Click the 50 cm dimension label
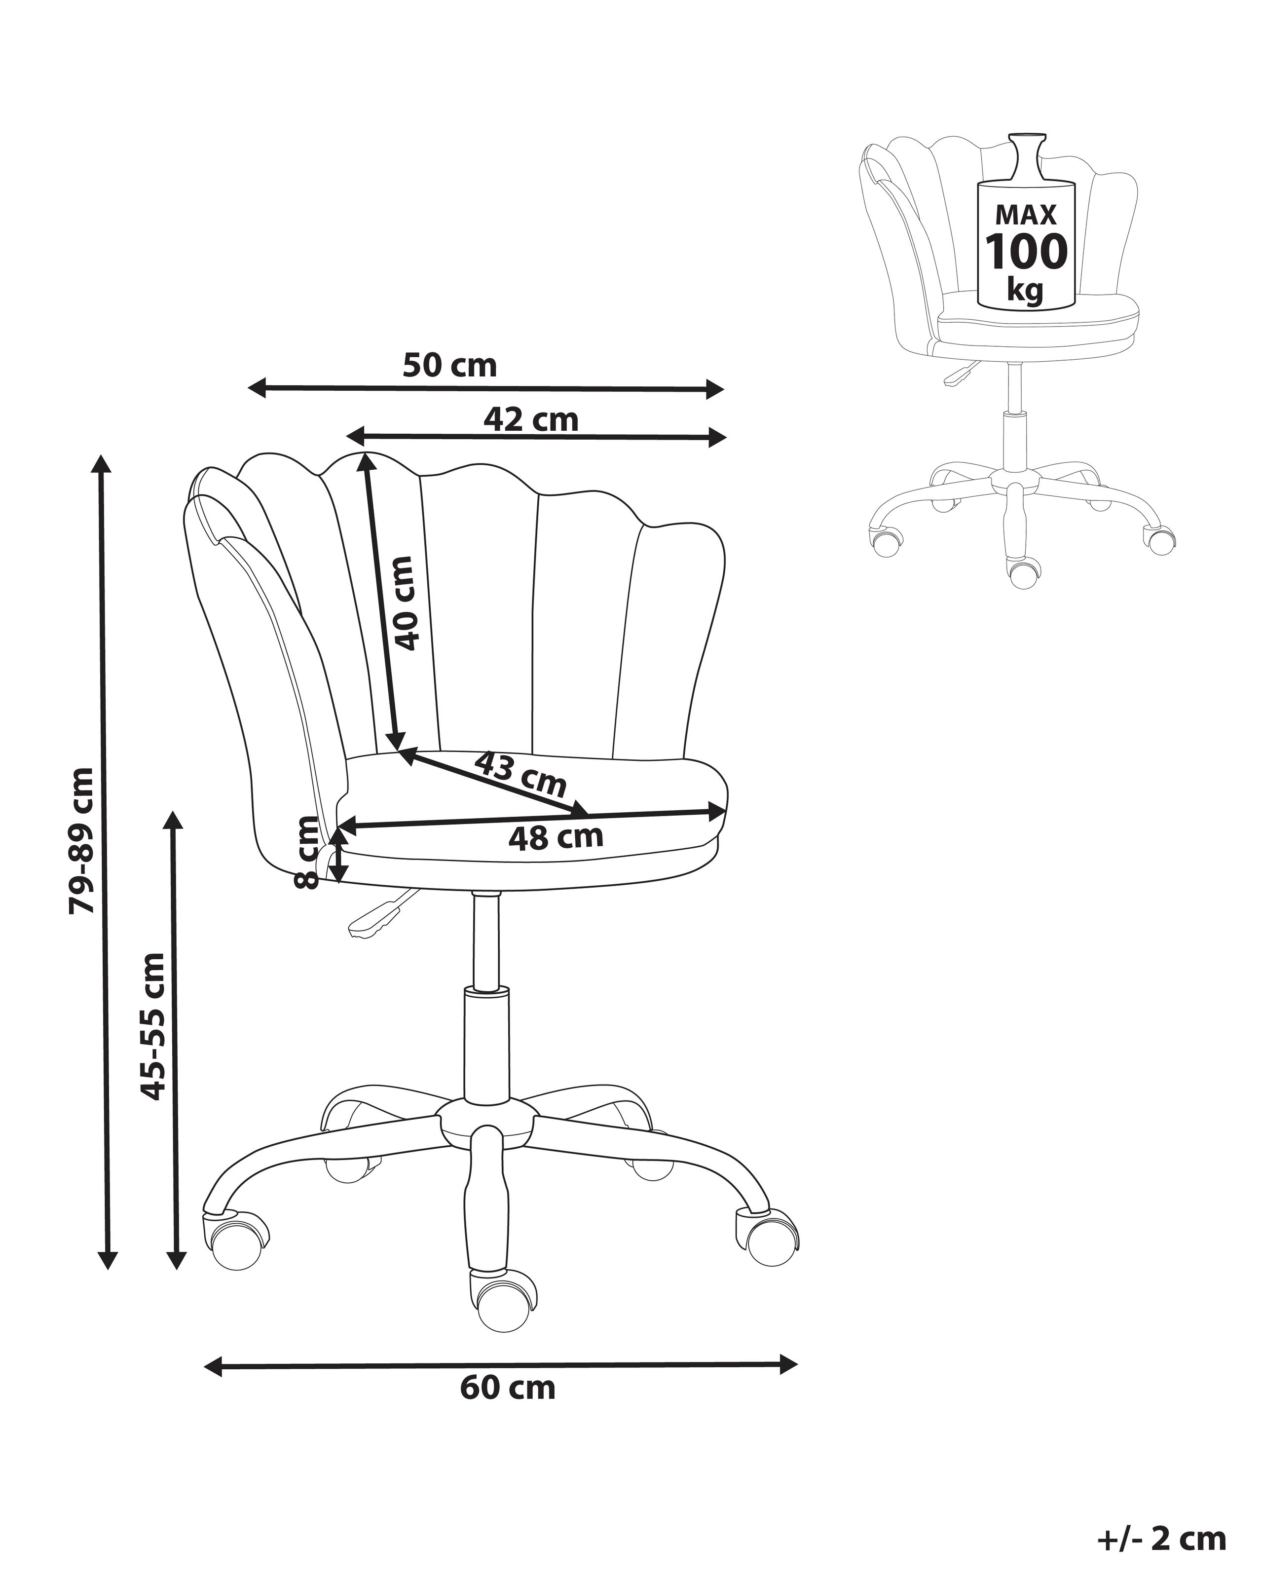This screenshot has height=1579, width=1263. click(x=449, y=366)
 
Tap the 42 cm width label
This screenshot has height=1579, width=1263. click(x=531, y=419)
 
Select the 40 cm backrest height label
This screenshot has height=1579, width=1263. click(x=405, y=603)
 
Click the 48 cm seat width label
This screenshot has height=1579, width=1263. click(x=556, y=836)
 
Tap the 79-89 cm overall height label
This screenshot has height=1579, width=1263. click(x=81, y=840)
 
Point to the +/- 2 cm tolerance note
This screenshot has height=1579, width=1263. click(x=1162, y=1533)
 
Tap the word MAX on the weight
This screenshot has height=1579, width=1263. click(x=1026, y=215)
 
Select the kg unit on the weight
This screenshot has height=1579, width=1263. click(x=1025, y=287)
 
